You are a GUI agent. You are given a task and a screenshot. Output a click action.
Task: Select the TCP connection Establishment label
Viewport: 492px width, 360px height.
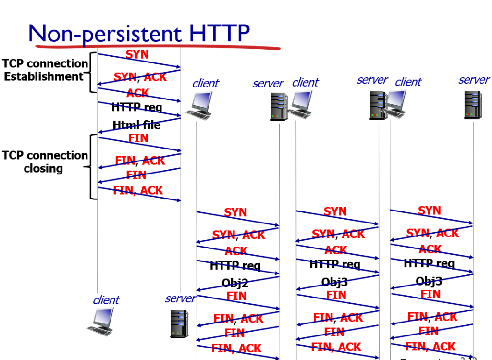pos(45,70)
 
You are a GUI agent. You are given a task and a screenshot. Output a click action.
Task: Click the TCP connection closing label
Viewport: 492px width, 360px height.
pos(45,162)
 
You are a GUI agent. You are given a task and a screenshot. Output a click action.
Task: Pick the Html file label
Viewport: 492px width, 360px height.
pos(136,125)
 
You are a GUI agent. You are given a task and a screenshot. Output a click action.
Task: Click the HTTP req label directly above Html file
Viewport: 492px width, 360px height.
pos(136,107)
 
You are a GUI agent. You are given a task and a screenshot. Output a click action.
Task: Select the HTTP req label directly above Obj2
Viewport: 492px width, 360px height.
pos(235,265)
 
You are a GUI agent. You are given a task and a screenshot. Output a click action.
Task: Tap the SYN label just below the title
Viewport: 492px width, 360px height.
pos(137,54)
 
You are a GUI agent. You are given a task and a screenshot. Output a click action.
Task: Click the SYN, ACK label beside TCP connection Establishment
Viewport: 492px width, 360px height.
pos(140,77)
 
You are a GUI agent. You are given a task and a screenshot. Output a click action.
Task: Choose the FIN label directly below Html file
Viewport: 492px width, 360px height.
pos(138,138)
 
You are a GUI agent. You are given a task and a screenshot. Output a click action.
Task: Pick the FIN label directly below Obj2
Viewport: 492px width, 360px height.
pos(236,296)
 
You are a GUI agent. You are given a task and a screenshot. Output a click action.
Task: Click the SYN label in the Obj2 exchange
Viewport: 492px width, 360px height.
pos(235,212)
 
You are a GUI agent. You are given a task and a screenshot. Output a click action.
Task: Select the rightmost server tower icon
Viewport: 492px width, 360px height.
pos(472,105)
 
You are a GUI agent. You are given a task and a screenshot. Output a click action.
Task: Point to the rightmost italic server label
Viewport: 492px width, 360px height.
pos(473,80)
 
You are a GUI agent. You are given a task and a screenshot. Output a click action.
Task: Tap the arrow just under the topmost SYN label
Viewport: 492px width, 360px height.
pos(139,61)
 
